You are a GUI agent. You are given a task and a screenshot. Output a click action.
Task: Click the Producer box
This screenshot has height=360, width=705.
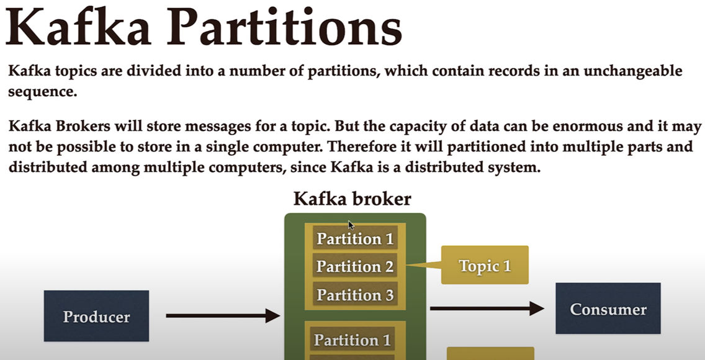(x=96, y=316)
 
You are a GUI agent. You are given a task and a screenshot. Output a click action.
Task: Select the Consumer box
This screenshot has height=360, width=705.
(x=608, y=308)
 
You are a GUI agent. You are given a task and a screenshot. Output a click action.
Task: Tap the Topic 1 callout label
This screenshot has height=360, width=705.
(x=485, y=265)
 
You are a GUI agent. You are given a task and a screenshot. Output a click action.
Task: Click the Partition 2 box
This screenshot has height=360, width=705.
(x=355, y=266)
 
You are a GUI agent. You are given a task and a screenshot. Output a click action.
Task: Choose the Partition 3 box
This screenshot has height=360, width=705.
(x=355, y=294)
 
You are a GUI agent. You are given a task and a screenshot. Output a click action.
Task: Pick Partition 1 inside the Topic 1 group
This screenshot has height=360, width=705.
(x=355, y=238)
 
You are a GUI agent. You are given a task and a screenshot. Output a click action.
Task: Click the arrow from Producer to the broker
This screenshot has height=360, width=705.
(x=223, y=315)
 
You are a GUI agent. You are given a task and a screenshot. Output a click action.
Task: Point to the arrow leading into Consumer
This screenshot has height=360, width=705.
(x=487, y=308)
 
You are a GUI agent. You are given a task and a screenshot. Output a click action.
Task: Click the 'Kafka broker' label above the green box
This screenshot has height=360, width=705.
(x=352, y=199)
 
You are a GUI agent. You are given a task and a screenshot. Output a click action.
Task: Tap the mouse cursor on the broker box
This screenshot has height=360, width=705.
(x=351, y=225)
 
